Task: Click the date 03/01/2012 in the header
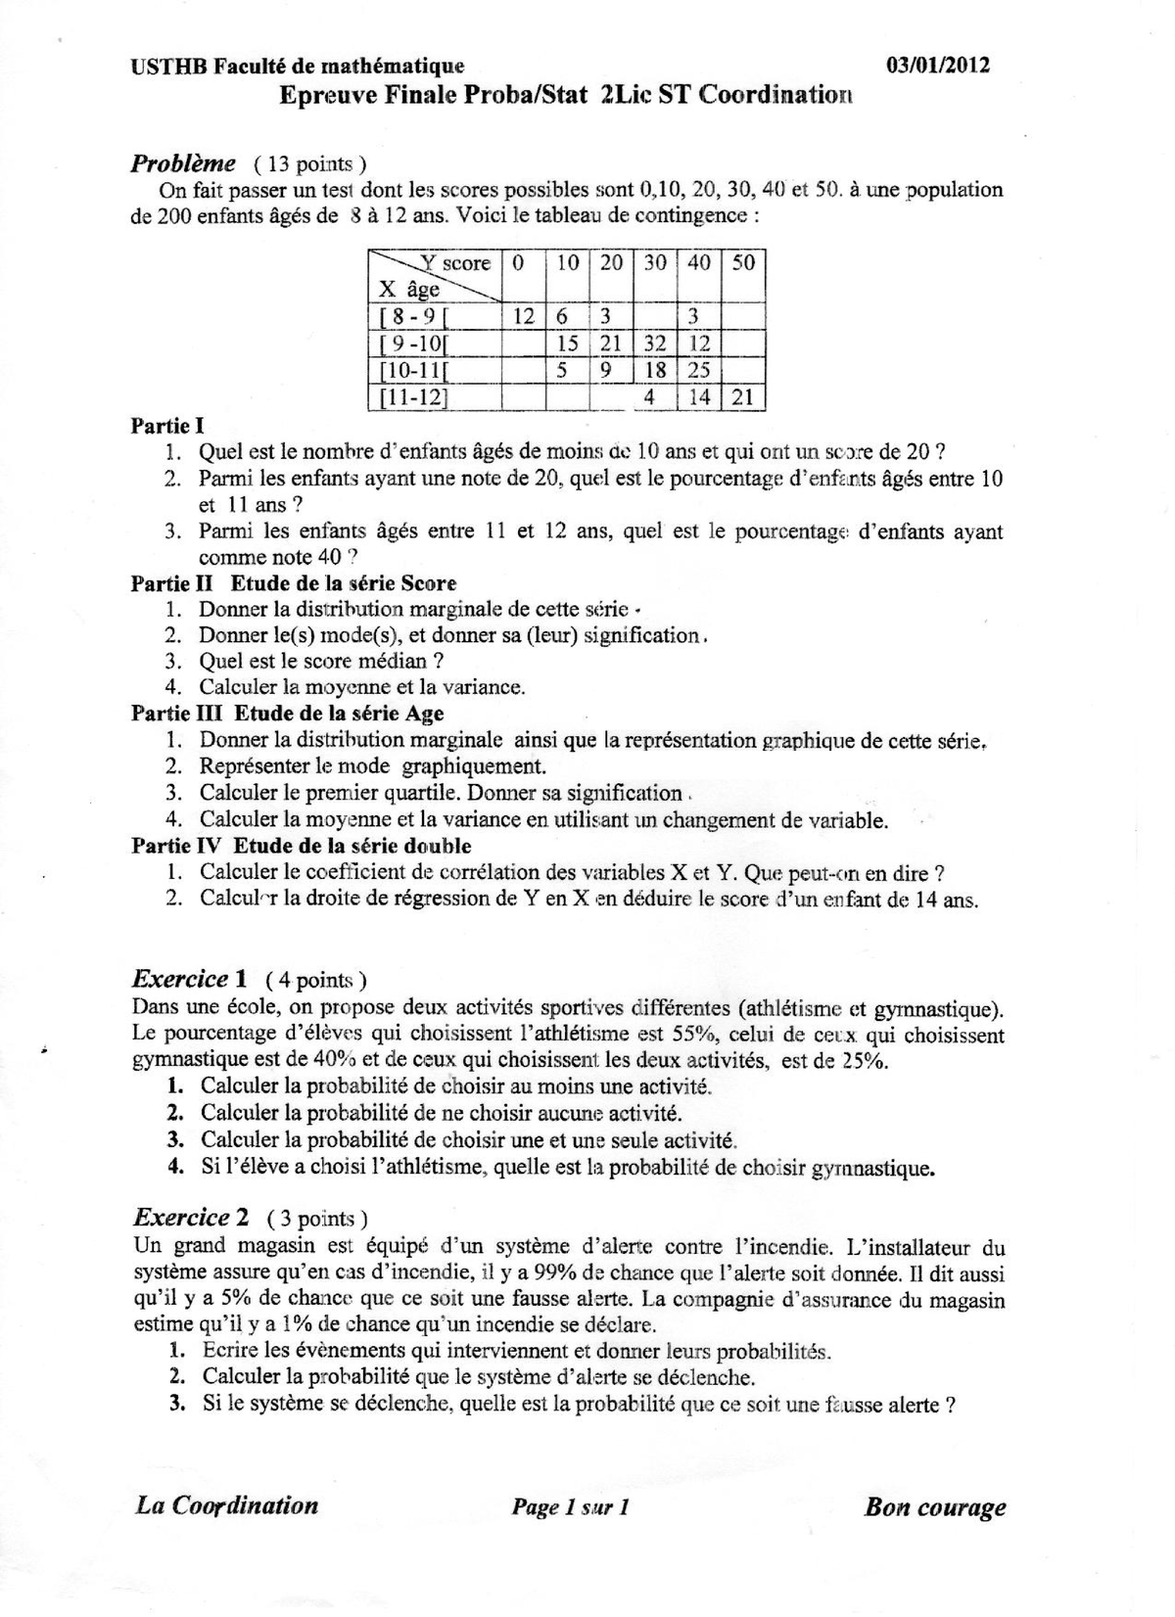[x=937, y=66]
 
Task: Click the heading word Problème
[x=183, y=162]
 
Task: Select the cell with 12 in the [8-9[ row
[x=524, y=316]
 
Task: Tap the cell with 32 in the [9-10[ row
[x=655, y=344]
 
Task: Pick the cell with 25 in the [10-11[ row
[x=698, y=370]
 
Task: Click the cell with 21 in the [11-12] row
[x=743, y=396]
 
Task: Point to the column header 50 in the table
[x=743, y=263]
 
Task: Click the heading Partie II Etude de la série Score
[x=294, y=583]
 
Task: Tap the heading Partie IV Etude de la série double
[x=302, y=846]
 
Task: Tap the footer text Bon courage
[x=935, y=1506]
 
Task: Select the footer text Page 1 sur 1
[x=570, y=1507]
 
